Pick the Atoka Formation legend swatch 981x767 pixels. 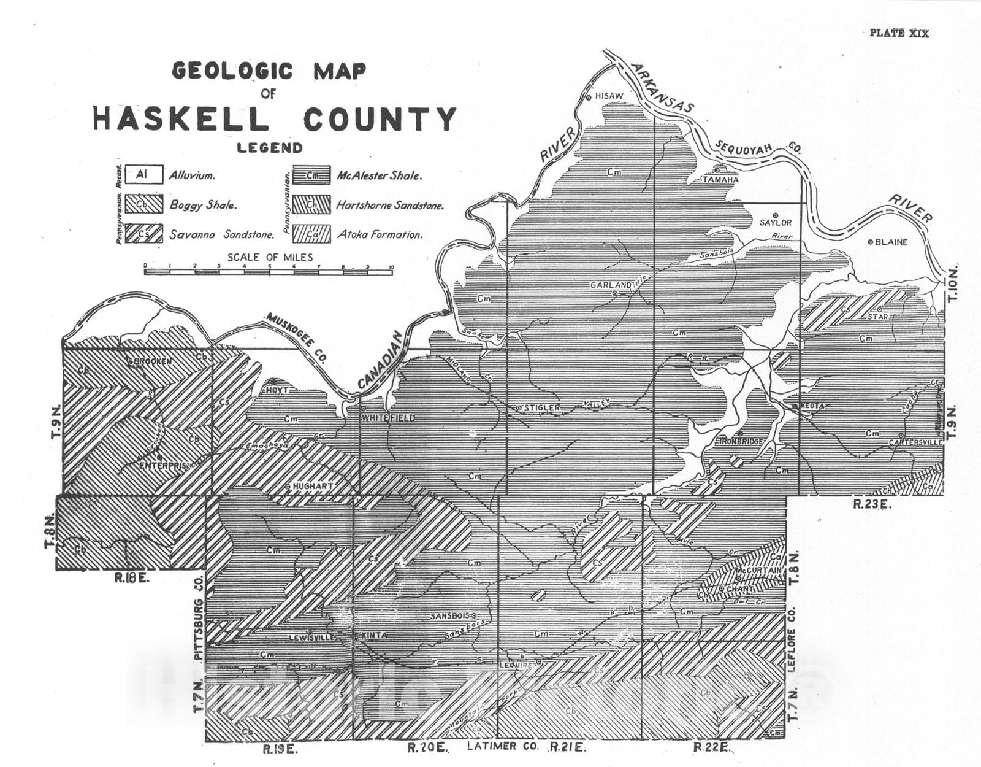click(311, 234)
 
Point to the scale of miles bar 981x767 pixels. click(268, 271)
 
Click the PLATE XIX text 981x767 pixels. click(899, 33)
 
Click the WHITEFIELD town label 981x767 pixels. click(388, 418)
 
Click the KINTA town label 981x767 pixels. click(375, 636)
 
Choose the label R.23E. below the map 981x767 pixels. click(871, 504)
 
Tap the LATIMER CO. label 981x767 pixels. click(503, 747)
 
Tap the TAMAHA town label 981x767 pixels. click(720, 180)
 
